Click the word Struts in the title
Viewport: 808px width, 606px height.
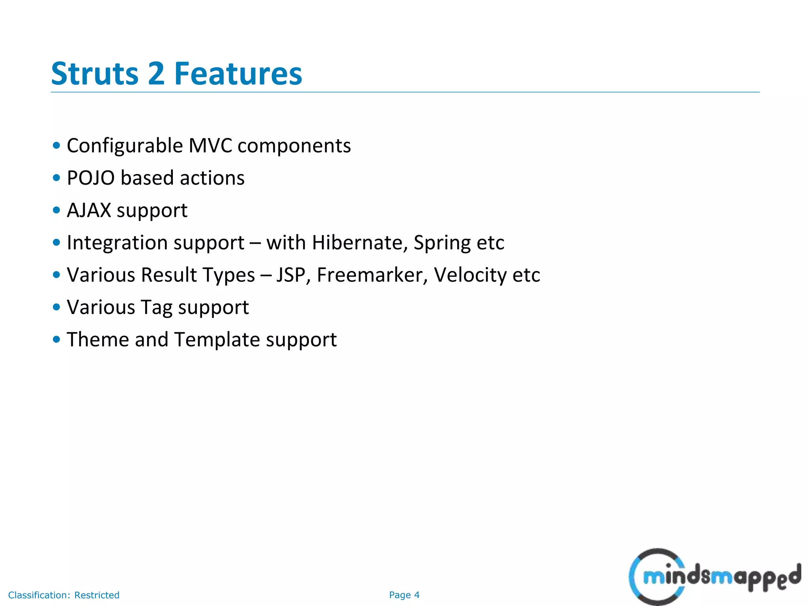pyautogui.click(x=95, y=74)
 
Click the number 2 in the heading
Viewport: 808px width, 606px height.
pyautogui.click(x=156, y=74)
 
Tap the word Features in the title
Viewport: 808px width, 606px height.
pyautogui.click(x=238, y=74)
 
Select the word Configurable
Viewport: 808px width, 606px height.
pyautogui.click(x=125, y=146)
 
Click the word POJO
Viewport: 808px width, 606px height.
pyautogui.click(x=91, y=178)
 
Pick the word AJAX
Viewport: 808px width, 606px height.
pyautogui.click(x=89, y=210)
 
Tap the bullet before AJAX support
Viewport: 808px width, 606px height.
pyautogui.click(x=56, y=210)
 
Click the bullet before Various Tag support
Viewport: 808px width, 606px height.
pyautogui.click(x=56, y=307)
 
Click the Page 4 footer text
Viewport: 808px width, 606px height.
pyautogui.click(x=404, y=595)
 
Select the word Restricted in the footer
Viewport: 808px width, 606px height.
pyautogui.click(x=97, y=595)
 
